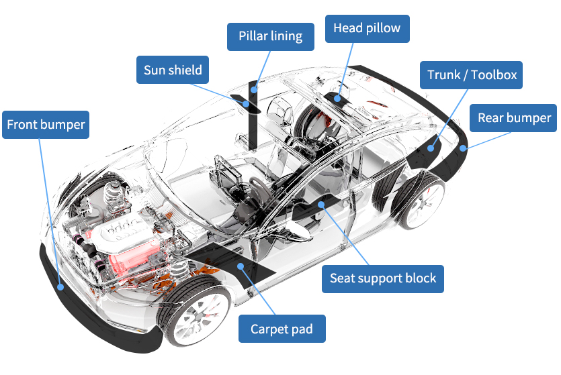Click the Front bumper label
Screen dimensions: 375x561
tap(46, 125)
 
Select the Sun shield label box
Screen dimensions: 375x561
tap(173, 70)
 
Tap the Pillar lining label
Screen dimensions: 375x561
tap(270, 36)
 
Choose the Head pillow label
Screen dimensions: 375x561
tap(367, 28)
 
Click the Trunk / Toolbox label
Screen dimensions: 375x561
tap(472, 74)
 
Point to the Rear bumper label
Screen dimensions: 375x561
tap(514, 118)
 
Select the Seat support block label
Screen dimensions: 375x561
tap(383, 278)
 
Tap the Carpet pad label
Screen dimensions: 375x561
tap(282, 329)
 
